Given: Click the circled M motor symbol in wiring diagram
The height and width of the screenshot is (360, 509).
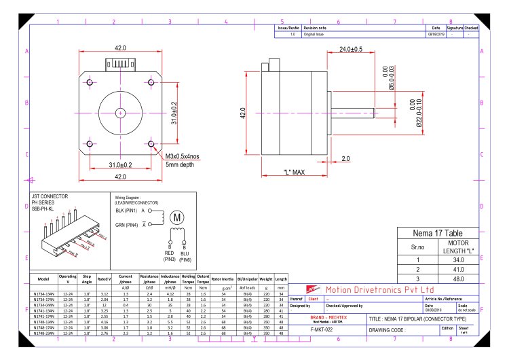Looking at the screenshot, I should [178, 217].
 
